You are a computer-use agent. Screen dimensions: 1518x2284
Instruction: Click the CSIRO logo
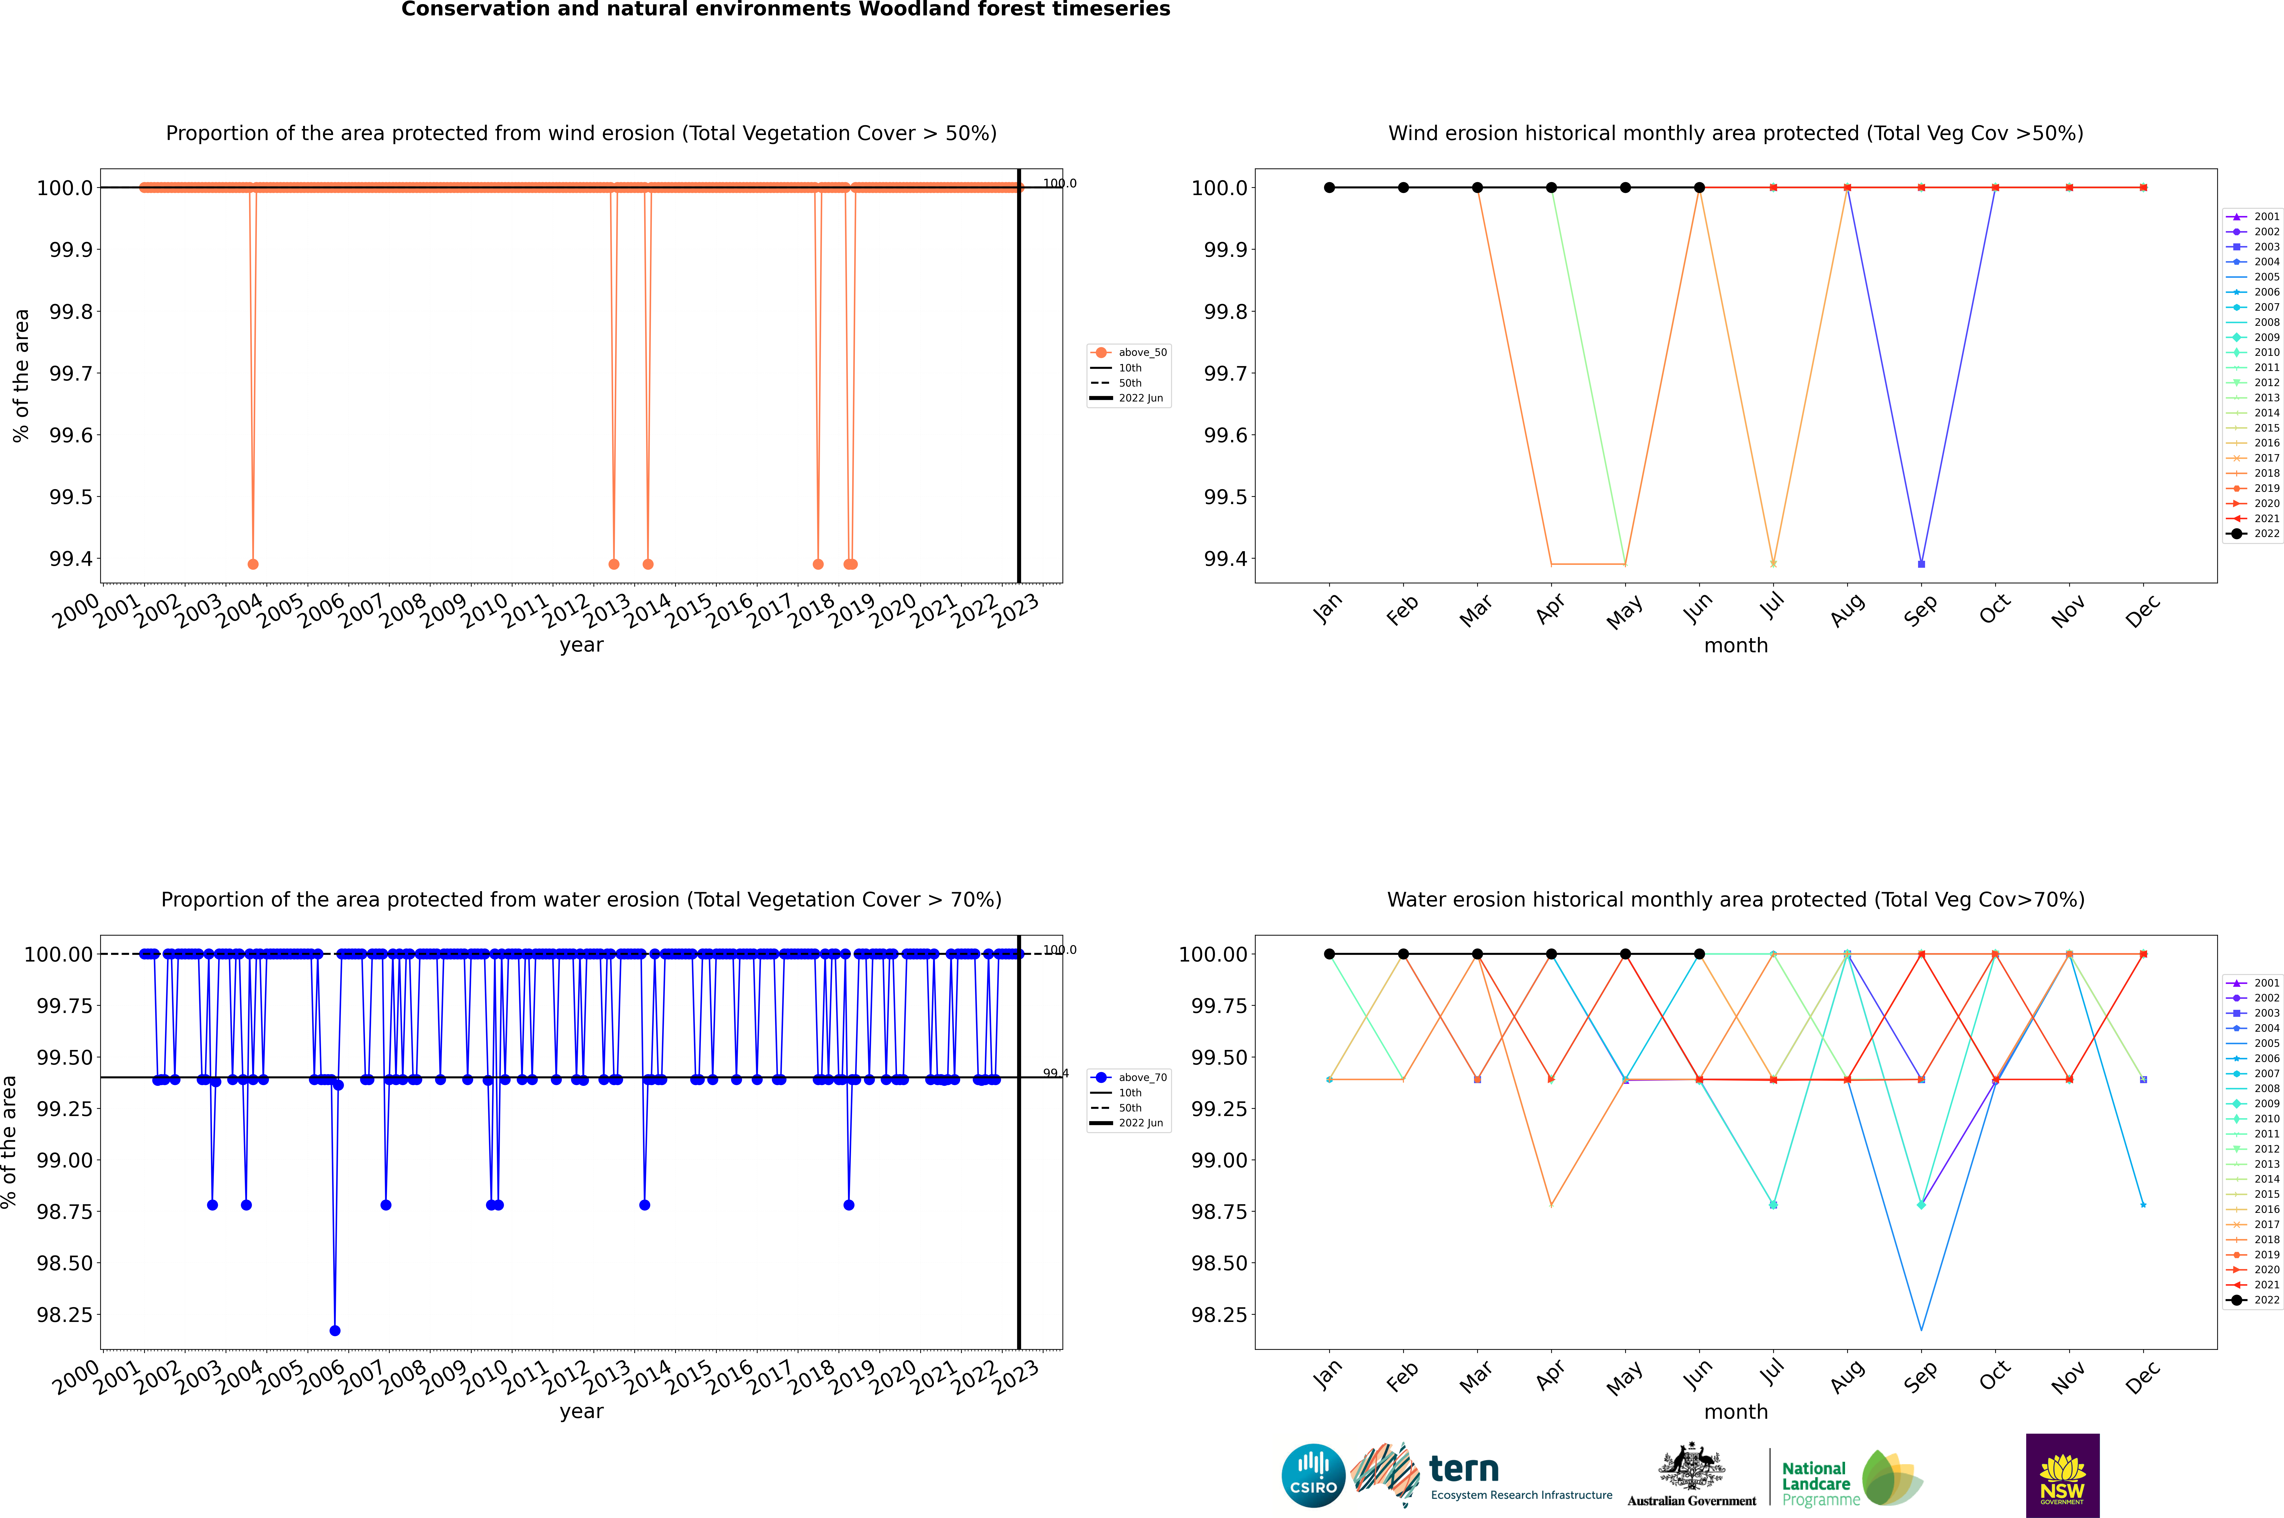coord(1313,1475)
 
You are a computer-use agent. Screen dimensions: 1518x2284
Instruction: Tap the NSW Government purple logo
coord(2062,1475)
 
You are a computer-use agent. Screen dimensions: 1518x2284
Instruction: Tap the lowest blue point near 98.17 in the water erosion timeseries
coord(335,1330)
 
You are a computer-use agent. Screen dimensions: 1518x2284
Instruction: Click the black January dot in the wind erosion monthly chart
coord(1329,188)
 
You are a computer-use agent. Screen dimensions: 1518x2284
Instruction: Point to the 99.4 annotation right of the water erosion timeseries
coord(1055,1073)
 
